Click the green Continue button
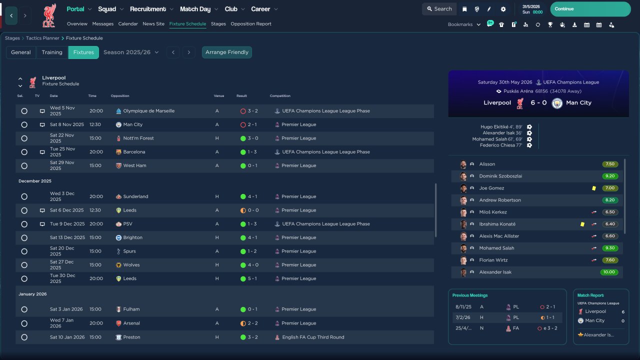pos(590,9)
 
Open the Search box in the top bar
pos(439,9)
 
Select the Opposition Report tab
pos(251,24)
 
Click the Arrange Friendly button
pos(227,52)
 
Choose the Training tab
pos(52,52)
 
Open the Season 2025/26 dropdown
pos(131,52)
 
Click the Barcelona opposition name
pos(134,152)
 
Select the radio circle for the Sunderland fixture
pos(24,196)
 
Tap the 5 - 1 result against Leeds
pos(252,278)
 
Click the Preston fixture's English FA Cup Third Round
pos(313,337)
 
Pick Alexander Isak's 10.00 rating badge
pos(609,272)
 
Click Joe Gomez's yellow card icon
pos(594,188)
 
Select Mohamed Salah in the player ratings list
pos(496,248)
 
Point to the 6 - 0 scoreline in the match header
pos(538,103)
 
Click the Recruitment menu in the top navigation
pos(148,9)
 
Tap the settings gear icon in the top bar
pos(503,9)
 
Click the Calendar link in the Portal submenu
pos(128,24)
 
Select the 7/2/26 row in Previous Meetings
pos(507,317)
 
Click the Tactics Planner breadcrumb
pos(42,38)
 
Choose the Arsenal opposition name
pos(131,323)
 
